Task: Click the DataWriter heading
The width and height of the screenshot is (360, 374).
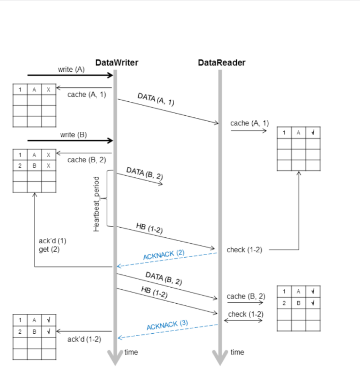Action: pyautogui.click(x=117, y=63)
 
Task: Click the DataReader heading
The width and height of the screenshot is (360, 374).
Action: pyautogui.click(x=222, y=63)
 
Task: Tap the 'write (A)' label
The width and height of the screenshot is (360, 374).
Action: pyautogui.click(x=71, y=70)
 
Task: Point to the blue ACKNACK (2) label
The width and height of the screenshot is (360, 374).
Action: pyautogui.click(x=164, y=254)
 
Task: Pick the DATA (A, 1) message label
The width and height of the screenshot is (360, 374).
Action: pyautogui.click(x=156, y=99)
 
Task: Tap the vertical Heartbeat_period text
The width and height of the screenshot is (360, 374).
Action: pyautogui.click(x=97, y=204)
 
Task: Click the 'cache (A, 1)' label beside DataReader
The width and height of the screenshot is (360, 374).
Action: pyautogui.click(x=250, y=123)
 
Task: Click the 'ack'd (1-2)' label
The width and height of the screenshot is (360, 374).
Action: pyautogui.click(x=84, y=339)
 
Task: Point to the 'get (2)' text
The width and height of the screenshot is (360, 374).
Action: pyautogui.click(x=49, y=249)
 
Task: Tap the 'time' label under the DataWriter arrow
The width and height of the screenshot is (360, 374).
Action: pyautogui.click(x=131, y=352)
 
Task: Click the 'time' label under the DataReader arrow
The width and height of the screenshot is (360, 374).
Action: pyautogui.click(x=237, y=352)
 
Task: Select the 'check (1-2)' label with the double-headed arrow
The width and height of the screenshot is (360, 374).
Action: pyautogui.click(x=242, y=314)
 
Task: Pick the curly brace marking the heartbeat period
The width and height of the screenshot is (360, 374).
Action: pyautogui.click(x=108, y=198)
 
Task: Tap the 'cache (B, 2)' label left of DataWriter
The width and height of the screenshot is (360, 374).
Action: pyautogui.click(x=87, y=160)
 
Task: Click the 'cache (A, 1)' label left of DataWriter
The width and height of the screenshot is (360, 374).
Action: pyautogui.click(x=87, y=95)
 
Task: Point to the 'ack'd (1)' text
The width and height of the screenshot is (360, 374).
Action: pyautogui.click(x=52, y=241)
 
